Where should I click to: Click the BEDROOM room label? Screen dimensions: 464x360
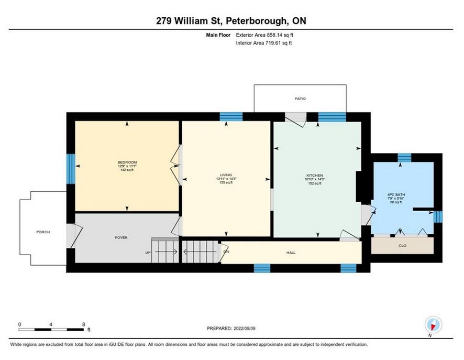point(127,162)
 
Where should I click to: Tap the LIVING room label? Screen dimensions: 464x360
point(226,175)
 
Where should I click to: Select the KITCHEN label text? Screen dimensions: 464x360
point(315,176)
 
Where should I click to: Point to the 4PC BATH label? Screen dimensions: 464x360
point(396,194)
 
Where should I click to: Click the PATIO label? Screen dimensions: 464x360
point(300,99)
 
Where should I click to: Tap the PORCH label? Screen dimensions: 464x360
point(43,232)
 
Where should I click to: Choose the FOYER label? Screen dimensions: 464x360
point(121,237)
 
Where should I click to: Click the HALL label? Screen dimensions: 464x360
point(291,253)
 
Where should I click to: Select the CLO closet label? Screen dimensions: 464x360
point(402,245)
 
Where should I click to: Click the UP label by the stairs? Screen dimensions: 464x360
point(148,253)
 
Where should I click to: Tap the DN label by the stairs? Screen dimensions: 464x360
point(226,252)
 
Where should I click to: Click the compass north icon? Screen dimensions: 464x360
point(433,325)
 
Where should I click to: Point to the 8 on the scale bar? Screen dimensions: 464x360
point(84,324)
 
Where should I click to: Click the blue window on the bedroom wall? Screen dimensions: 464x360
point(71,169)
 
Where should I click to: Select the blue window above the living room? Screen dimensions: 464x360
point(231,117)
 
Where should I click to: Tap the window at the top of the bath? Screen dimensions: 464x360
point(404,158)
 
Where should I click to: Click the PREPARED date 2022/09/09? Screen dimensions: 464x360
point(245,329)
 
